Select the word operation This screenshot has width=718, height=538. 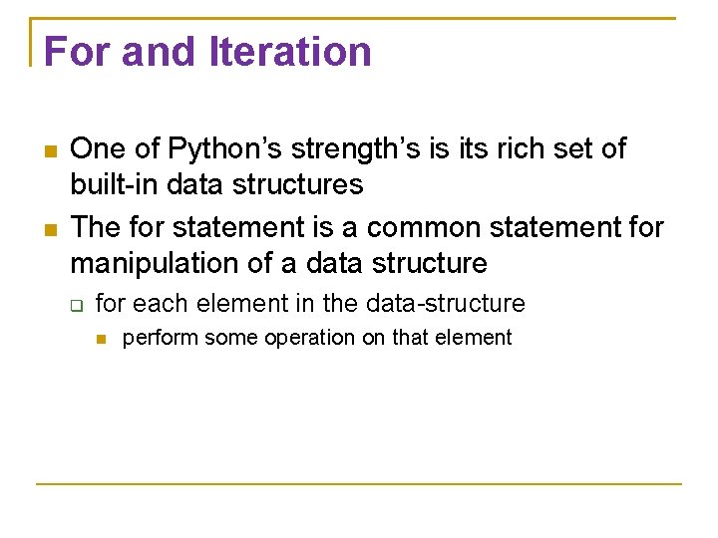pyautogui.click(x=309, y=338)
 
